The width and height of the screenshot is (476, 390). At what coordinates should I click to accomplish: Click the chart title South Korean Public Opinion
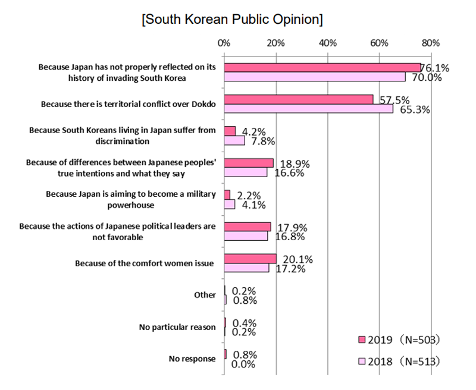(x=233, y=19)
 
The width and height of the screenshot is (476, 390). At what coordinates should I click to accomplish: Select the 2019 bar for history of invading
(x=321, y=67)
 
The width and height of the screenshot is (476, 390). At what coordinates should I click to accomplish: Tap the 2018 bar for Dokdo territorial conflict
(x=308, y=109)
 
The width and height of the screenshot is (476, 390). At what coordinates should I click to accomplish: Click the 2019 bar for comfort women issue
(x=250, y=258)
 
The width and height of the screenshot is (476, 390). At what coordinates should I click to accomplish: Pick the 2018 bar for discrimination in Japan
(x=234, y=141)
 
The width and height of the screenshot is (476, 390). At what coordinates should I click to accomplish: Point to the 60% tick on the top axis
(x=379, y=43)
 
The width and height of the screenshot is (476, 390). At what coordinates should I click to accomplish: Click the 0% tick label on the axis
(x=224, y=43)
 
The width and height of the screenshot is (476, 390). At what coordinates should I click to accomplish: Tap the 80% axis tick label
(x=431, y=43)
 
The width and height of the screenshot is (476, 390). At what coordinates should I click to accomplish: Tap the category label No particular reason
(x=181, y=326)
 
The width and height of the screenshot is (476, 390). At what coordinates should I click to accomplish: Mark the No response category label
(x=193, y=358)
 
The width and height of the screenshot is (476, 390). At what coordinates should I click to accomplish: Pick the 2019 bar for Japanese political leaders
(x=247, y=227)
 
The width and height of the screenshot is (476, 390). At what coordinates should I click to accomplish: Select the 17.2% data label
(x=291, y=269)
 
